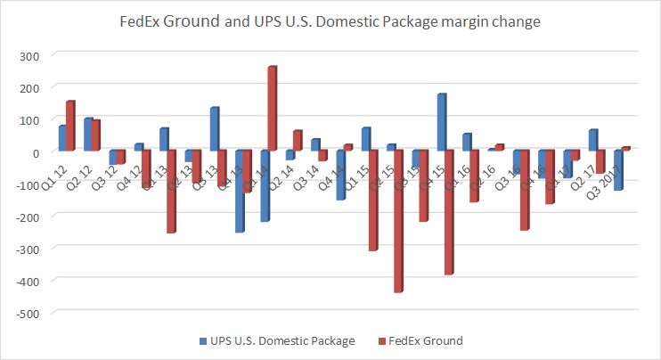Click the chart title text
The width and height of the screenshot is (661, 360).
click(x=330, y=22)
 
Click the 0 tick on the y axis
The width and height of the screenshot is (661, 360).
click(x=34, y=151)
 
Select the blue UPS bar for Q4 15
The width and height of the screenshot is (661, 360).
click(x=441, y=122)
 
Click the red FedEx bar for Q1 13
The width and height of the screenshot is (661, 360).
click(x=171, y=192)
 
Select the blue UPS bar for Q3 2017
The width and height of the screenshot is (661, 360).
click(x=617, y=170)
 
